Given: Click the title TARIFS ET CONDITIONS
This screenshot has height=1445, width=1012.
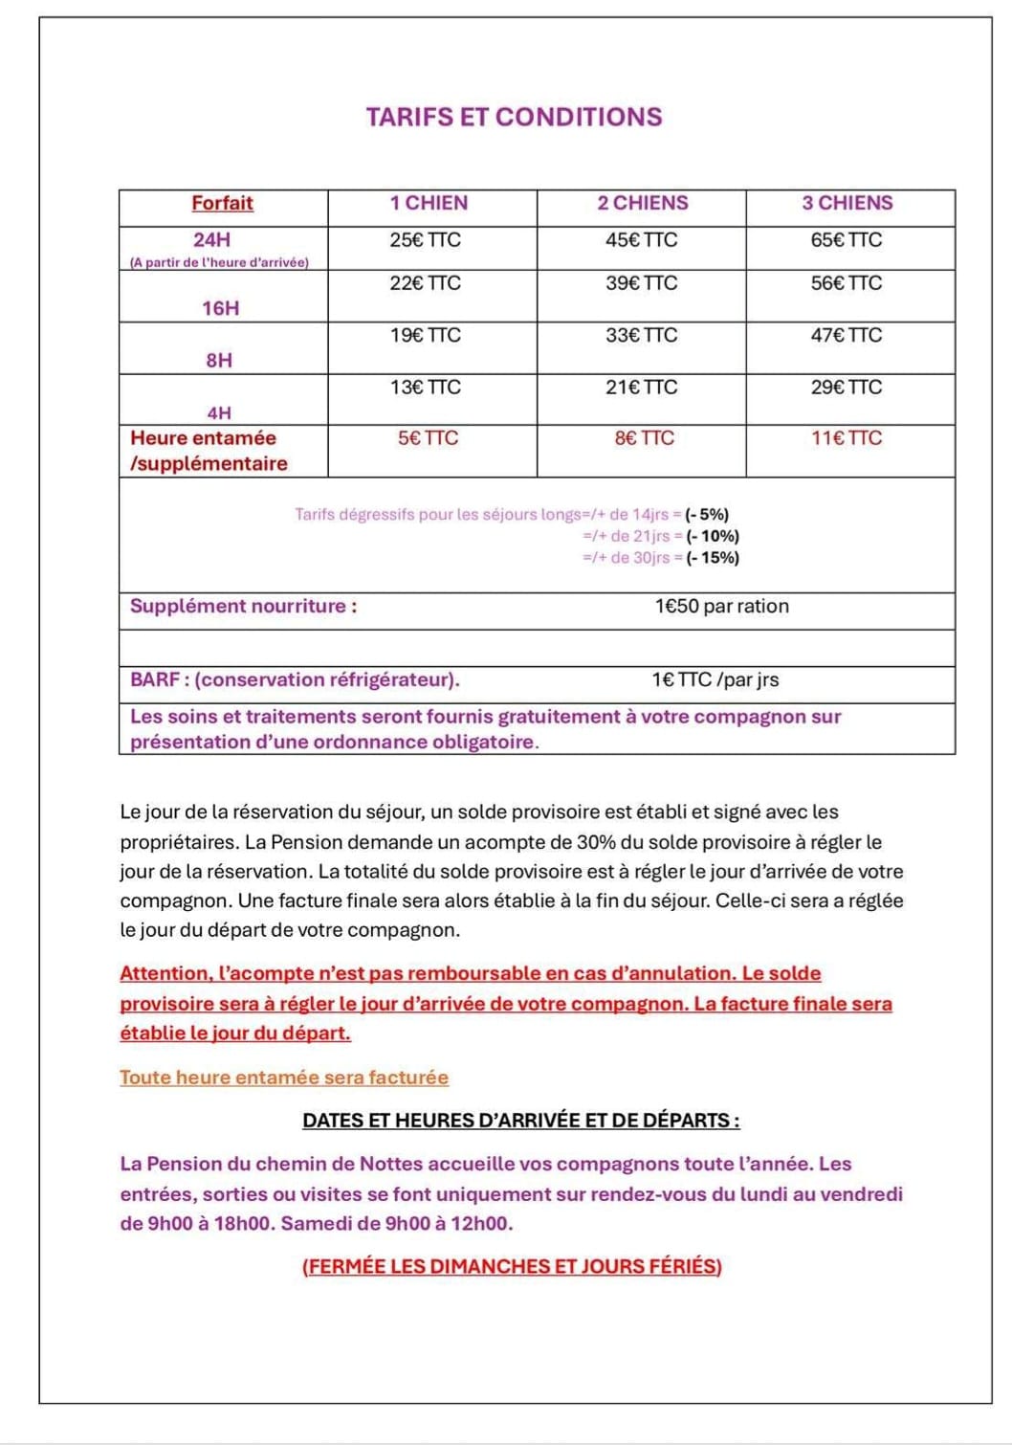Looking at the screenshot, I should pyautogui.click(x=514, y=118).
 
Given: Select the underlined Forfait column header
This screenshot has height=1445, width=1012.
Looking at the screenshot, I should pyautogui.click(x=222, y=203).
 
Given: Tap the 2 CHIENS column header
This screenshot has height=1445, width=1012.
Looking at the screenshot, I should pyautogui.click(x=643, y=203).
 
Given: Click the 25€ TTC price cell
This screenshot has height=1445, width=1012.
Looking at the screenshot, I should pyautogui.click(x=425, y=240).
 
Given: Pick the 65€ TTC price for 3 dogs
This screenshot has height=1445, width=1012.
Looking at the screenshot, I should pyautogui.click(x=847, y=240).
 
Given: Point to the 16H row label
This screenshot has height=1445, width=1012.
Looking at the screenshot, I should pyautogui.click(x=220, y=308).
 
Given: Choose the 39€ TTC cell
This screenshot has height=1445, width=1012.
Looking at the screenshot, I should pyautogui.click(x=641, y=283).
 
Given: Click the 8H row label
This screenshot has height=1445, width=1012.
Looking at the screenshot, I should pyautogui.click(x=219, y=361).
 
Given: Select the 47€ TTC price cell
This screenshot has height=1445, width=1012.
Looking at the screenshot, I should pyautogui.click(x=847, y=335).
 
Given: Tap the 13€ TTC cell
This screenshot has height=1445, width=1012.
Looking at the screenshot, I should pyautogui.click(x=425, y=388).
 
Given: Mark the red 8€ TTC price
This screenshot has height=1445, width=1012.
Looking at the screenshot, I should pyautogui.click(x=644, y=438).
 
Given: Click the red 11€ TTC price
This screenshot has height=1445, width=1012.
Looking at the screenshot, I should pyautogui.click(x=847, y=438).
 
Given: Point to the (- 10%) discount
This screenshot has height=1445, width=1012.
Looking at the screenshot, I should pyautogui.click(x=713, y=536).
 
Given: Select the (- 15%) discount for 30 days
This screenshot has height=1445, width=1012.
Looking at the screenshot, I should pyautogui.click(x=713, y=558).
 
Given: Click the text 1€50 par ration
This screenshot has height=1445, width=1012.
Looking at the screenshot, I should pyautogui.click(x=722, y=607).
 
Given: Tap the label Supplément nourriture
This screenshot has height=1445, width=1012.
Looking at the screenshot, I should pyautogui.click(x=243, y=607).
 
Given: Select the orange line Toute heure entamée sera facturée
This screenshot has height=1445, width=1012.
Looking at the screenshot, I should pyautogui.click(x=284, y=1078).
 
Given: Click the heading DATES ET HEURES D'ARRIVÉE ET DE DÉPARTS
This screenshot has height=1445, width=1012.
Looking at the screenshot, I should pyautogui.click(x=521, y=1121).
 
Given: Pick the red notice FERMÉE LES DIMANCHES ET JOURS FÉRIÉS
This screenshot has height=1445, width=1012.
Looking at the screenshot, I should pyautogui.click(x=512, y=1267).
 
